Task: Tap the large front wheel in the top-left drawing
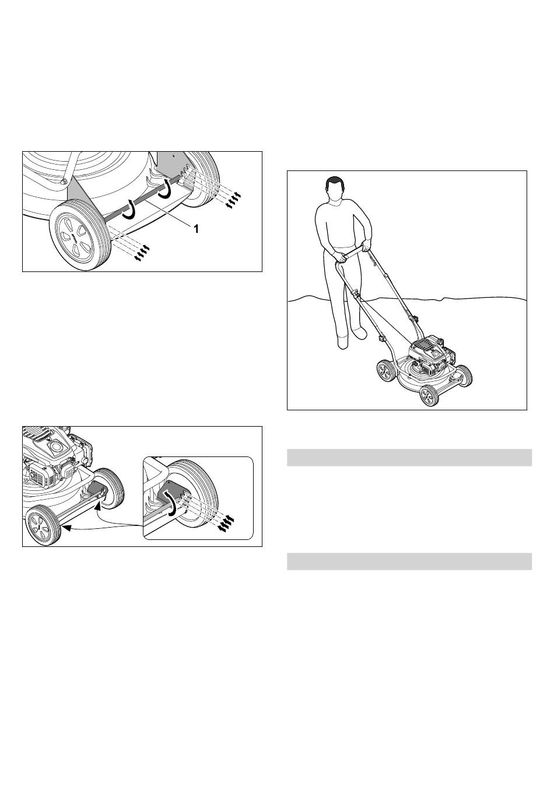80,235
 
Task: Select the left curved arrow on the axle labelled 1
129,210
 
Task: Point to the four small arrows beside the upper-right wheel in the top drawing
233,200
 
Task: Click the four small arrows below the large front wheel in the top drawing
141,253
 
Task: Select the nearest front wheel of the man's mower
430,395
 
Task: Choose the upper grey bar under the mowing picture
409,457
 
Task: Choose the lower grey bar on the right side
409,562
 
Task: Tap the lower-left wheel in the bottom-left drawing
43,525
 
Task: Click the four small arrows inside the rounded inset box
226,523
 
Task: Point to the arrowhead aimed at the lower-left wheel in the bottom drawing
65,527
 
